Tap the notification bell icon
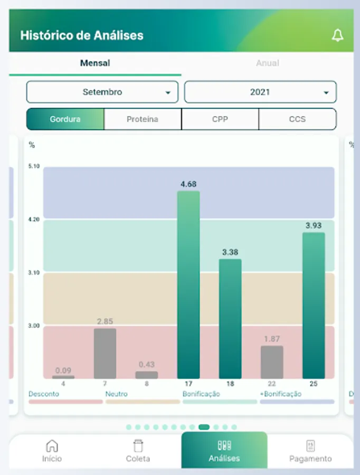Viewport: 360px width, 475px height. click(337, 36)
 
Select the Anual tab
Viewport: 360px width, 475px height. click(267, 63)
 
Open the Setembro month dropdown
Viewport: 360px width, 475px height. click(102, 92)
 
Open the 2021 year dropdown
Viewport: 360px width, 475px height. click(260, 92)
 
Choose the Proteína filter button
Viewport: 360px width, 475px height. click(143, 119)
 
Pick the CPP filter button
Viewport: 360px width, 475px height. click(220, 119)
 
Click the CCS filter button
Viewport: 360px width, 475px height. click(297, 119)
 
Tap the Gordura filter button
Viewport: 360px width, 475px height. click(65, 119)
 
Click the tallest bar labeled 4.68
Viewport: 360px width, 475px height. click(188, 285)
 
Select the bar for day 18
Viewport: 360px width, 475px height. click(230, 319)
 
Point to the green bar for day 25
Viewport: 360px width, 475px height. click(314, 306)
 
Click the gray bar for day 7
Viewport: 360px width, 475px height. click(105, 354)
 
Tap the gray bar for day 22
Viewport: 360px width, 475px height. click(272, 362)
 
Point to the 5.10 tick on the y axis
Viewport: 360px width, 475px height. click(34, 166)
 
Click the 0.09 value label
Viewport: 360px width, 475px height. click(63, 370)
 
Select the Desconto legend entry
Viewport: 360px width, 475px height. click(44, 394)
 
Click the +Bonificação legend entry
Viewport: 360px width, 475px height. click(280, 394)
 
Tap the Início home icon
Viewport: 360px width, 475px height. click(52, 445)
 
